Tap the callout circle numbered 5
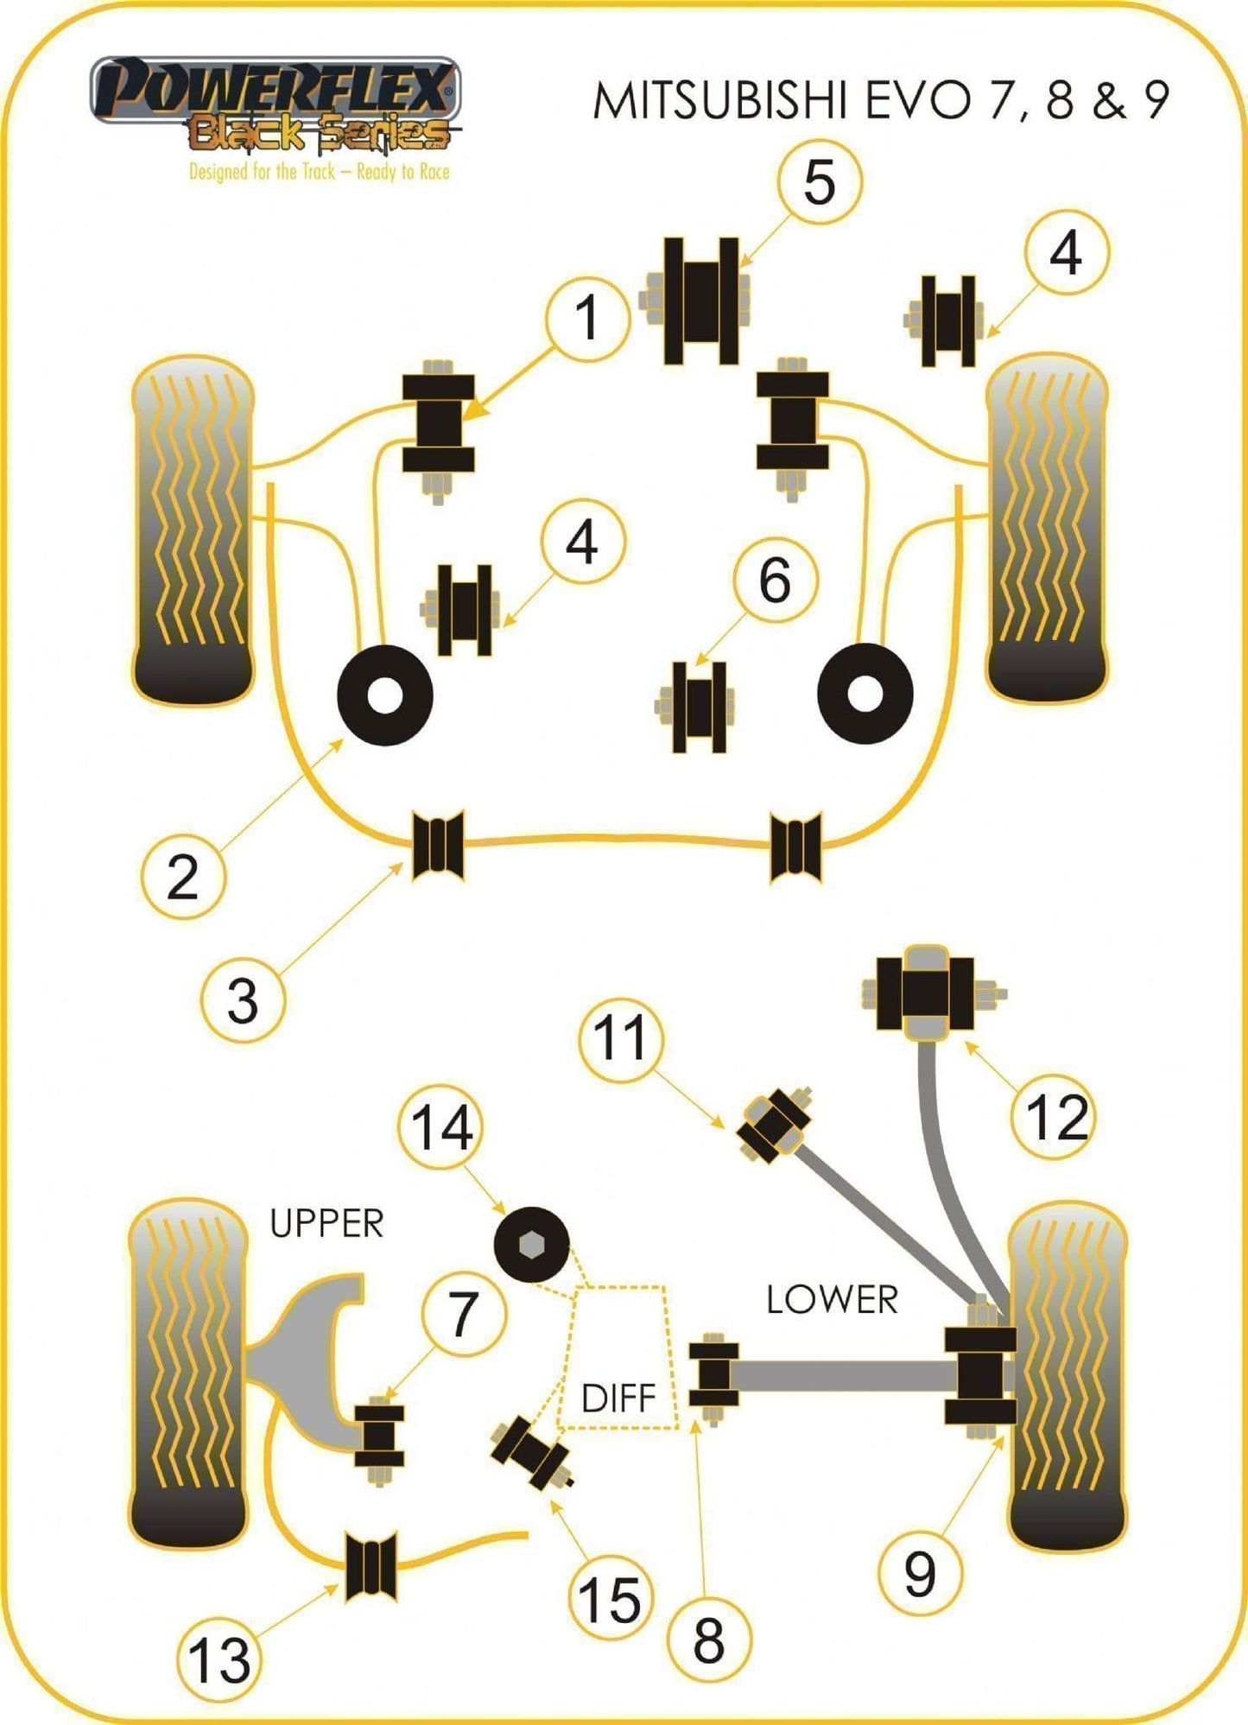coord(819,182)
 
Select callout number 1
coord(587,319)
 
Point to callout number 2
coord(182,877)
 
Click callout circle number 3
coord(243,1001)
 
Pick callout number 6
coord(775,580)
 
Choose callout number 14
coord(440,1127)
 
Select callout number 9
coord(920,1573)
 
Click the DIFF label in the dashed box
coord(618,1398)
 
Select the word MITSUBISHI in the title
coord(719,101)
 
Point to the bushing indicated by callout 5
coord(700,301)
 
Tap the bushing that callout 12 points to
coord(925,993)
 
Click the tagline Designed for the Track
coord(320,172)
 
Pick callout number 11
coord(620,1037)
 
